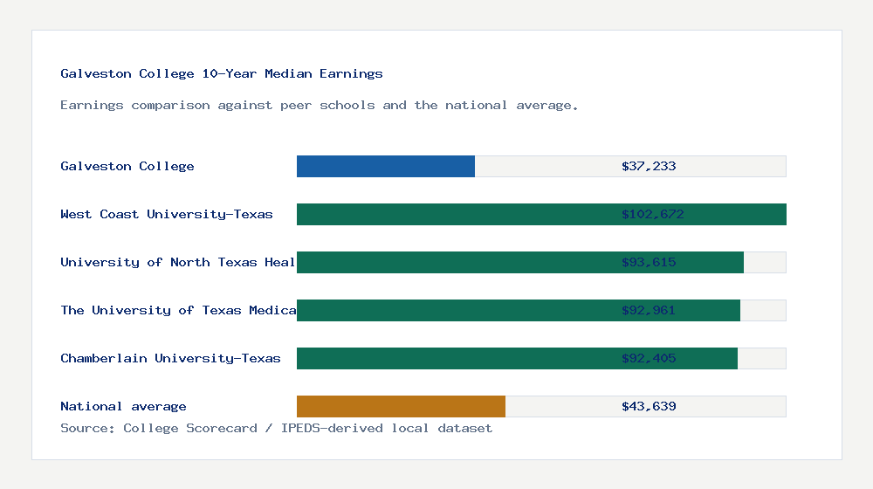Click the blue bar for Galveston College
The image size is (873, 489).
386,166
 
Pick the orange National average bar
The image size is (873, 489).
401,406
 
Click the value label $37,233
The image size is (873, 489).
649,166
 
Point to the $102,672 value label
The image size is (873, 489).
652,214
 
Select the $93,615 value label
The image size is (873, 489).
649,262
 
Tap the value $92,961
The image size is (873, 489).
649,310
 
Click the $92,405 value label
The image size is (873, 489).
649,358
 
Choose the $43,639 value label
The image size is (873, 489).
649,406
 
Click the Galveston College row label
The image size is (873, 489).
127,166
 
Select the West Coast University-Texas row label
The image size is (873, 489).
167,214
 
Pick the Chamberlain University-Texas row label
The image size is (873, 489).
170,358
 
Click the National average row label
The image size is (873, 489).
123,406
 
